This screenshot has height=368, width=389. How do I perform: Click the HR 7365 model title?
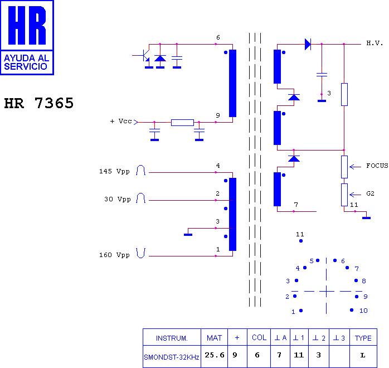tap(39, 103)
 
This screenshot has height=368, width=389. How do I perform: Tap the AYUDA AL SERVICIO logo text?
tap(27, 62)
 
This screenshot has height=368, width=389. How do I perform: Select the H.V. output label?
tap(375, 43)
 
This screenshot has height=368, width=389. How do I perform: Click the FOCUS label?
tap(377, 166)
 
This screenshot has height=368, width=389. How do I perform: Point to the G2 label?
tap(370, 193)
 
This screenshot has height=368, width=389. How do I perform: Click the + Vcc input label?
tap(121, 121)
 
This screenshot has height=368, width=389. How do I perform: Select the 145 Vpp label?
tap(114, 171)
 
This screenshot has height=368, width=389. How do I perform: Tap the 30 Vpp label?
tap(118, 199)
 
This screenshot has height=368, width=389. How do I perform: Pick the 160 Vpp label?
tap(114, 255)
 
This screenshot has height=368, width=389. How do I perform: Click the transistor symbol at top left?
tap(144, 55)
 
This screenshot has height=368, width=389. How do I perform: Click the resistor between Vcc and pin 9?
tap(182, 123)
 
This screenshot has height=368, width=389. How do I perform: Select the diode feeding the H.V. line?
tap(308, 45)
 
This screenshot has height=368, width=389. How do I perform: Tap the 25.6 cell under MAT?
tap(215, 355)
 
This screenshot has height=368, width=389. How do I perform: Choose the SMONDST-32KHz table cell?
tap(172, 357)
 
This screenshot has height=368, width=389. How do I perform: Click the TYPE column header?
tap(363, 338)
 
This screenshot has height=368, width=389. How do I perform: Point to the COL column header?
tap(259, 337)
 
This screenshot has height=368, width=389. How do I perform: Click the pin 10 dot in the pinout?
tap(352, 310)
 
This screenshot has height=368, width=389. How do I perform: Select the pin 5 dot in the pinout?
tap(318, 260)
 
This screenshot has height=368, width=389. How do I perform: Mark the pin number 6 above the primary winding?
tap(218, 37)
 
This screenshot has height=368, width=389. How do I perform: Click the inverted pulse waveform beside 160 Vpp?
tap(140, 253)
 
